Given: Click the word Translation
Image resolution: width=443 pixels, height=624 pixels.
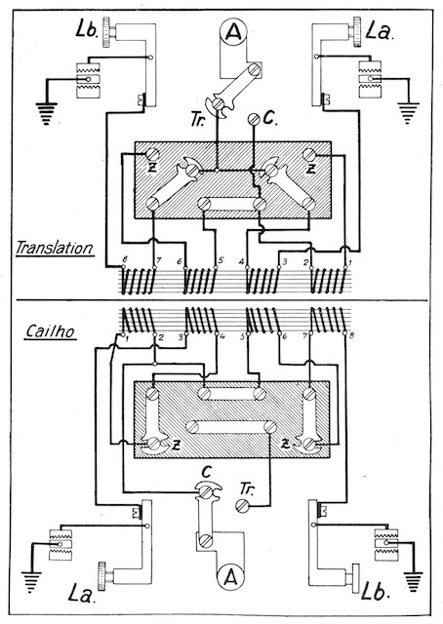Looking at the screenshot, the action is click(55, 248).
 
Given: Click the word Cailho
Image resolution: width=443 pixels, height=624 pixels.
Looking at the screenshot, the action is click(50, 331).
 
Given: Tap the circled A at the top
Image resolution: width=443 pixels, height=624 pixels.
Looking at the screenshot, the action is click(233, 32).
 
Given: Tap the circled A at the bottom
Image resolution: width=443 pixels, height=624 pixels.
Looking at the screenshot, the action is click(230, 577).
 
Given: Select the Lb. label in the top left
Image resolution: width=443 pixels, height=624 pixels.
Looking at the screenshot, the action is click(87, 30).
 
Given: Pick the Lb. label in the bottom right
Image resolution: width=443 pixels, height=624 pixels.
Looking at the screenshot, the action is click(375, 591).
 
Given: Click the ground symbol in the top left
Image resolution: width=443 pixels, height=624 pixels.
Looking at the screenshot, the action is click(46, 113).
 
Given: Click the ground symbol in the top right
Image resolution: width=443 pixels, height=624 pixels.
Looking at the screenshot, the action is click(408, 113).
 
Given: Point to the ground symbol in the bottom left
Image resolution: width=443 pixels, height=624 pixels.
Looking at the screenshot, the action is click(31, 582).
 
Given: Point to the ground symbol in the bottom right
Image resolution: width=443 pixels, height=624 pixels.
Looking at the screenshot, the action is click(414, 582).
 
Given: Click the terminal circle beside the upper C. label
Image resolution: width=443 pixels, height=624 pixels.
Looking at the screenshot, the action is click(254, 119).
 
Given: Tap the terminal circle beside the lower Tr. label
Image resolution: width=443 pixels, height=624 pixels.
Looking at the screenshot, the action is click(241, 506).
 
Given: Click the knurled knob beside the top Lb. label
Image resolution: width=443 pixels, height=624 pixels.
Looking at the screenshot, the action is click(106, 32).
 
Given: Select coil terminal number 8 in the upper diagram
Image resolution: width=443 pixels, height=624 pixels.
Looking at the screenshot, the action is click(124, 266).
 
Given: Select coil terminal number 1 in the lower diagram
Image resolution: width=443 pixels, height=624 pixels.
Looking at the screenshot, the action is click(124, 333).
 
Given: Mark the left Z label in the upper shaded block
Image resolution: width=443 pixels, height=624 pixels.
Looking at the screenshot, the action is click(151, 169).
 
